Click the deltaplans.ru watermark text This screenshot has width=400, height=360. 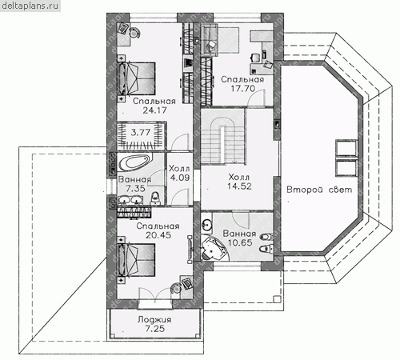pyautogui.click(x=30, y=6)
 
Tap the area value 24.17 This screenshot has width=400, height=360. pyautogui.click(x=154, y=110)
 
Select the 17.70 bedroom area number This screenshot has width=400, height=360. pyautogui.click(x=242, y=88)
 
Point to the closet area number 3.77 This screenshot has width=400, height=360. pyautogui.click(x=141, y=132)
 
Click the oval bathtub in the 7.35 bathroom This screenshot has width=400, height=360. pyautogui.click(x=134, y=162)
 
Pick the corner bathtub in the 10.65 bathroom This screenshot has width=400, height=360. pyautogui.click(x=214, y=248)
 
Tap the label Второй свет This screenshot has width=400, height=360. pyautogui.click(x=319, y=190)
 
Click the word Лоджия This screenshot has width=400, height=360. pyautogui.click(x=154, y=319)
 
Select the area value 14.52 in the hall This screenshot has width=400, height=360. pyautogui.click(x=239, y=186)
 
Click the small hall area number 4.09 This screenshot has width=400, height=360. pyautogui.click(x=180, y=178)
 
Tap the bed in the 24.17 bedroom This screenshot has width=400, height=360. pyautogui.click(x=137, y=78)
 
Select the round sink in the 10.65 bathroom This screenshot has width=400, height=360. pyautogui.click(x=206, y=225)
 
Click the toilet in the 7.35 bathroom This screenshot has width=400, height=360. pyautogui.click(x=155, y=198)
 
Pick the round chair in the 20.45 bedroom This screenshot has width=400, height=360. pyautogui.click(x=176, y=288)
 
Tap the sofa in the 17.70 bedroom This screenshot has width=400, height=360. pyautogui.click(x=210, y=40)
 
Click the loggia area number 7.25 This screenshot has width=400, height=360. pyautogui.click(x=155, y=329)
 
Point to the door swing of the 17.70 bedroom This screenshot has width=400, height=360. pyautogui.click(x=256, y=98)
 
